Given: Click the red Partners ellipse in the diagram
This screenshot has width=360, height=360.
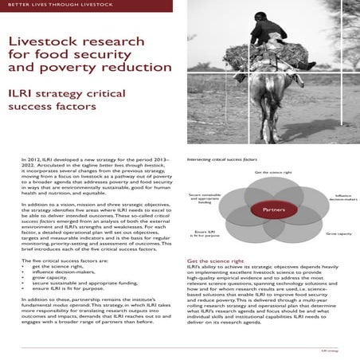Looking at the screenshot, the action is (x=268, y=209).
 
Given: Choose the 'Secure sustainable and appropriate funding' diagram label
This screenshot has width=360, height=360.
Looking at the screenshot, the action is (x=205, y=198).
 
